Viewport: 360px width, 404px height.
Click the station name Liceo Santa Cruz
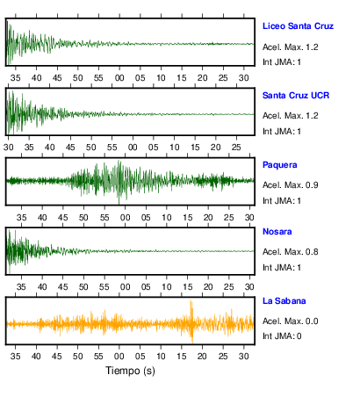[298, 26]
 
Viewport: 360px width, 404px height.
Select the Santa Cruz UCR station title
[296, 96]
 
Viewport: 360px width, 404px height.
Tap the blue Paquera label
[280, 165]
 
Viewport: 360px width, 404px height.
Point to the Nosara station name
[277, 232]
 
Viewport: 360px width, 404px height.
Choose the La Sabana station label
[284, 301]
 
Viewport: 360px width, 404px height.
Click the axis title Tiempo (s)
[130, 371]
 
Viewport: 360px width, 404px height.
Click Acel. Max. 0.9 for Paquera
[291, 185]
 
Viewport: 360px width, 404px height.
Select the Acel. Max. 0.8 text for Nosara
[291, 252]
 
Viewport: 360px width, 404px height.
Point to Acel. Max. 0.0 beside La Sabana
[291, 321]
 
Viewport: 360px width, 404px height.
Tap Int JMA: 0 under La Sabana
[282, 336]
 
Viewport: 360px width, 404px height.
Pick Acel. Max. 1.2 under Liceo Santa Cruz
[291, 47]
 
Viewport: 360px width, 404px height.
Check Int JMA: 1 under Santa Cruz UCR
[282, 132]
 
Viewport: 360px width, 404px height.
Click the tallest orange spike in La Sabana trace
[191, 321]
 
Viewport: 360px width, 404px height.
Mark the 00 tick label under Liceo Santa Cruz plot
[119, 78]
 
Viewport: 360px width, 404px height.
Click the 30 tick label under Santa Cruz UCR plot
[8, 148]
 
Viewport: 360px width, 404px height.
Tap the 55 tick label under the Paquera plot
[104, 218]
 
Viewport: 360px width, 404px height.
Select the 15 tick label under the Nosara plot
[188, 287]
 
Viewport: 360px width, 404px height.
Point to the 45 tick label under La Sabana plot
[57, 357]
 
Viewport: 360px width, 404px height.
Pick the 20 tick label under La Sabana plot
[202, 357]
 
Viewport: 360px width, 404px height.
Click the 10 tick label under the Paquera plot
[167, 218]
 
